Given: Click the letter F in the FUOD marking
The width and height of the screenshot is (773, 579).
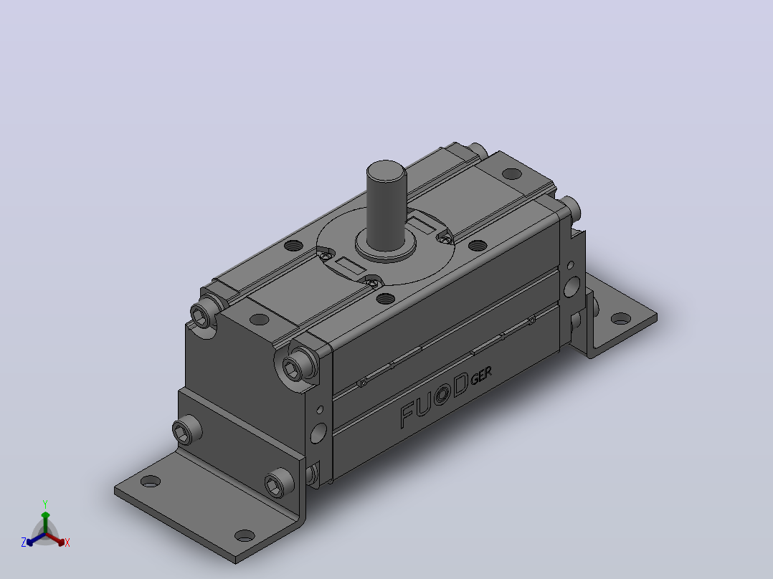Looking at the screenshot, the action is click(x=408, y=416).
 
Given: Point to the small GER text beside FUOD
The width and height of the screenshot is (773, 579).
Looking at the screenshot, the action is click(x=481, y=376).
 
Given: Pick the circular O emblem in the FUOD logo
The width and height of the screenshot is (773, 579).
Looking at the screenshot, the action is click(x=442, y=395).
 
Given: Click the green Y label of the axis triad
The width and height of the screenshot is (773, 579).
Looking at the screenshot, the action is click(x=45, y=504).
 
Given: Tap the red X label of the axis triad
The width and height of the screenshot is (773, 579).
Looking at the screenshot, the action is click(x=67, y=542).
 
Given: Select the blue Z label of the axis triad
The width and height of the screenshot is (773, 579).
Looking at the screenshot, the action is click(x=24, y=542).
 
